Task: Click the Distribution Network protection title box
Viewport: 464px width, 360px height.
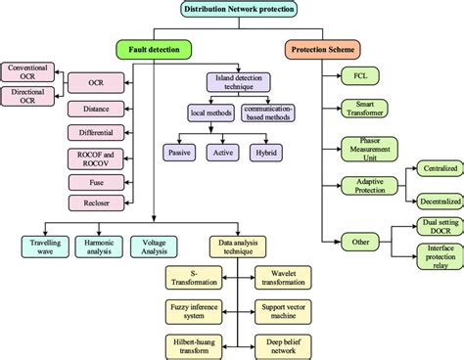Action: click(239, 9)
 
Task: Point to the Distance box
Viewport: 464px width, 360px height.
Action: click(95, 108)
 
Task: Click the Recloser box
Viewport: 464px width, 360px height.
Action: click(95, 202)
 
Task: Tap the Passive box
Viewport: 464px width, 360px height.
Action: click(180, 152)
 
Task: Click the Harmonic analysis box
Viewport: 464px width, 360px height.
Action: click(100, 246)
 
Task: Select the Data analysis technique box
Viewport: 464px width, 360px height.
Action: click(238, 246)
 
